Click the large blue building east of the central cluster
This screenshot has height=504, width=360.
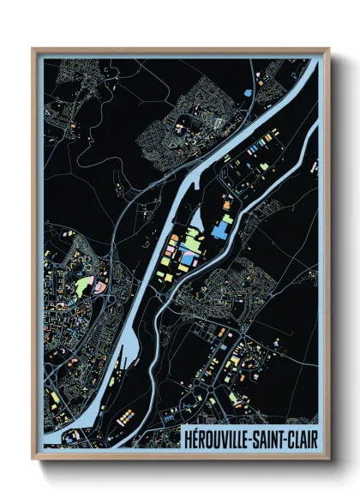[x=222, y=228]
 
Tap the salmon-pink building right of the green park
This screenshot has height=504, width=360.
[x=100, y=285]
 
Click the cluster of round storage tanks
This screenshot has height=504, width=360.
[x=127, y=416]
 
